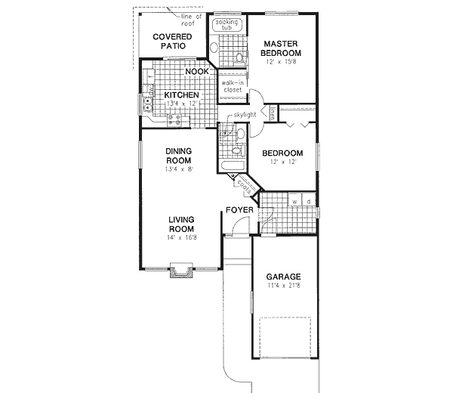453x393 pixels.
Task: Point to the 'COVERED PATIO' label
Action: (x=172, y=41)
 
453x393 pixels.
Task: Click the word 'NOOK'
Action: (x=197, y=72)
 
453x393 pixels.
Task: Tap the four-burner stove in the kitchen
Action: (x=174, y=119)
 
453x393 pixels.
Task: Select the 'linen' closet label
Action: (x=272, y=113)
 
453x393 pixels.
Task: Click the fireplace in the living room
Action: (x=180, y=271)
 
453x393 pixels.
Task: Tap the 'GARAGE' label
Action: (x=282, y=277)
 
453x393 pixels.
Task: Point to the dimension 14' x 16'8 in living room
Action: (x=182, y=238)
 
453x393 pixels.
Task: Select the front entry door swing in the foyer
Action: (x=240, y=226)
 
